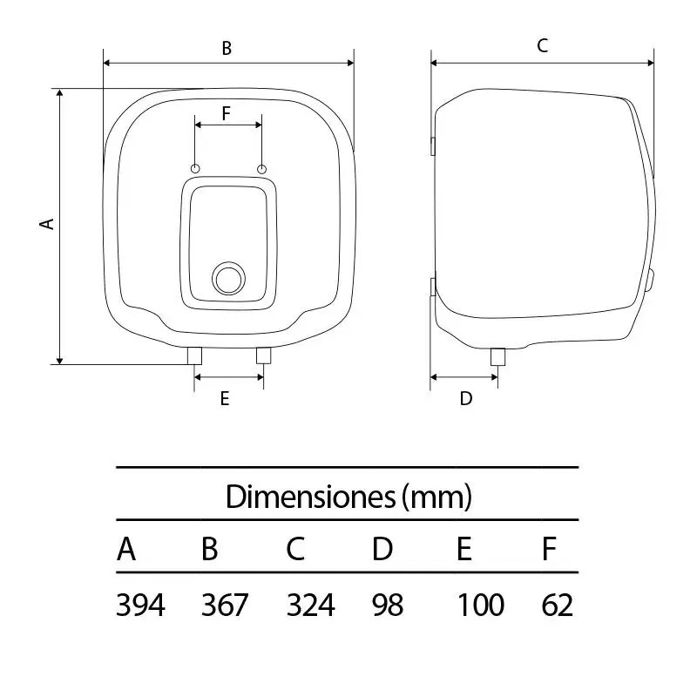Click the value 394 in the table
(x=140, y=605)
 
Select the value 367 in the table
(x=225, y=605)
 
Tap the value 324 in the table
(x=310, y=605)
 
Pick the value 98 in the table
(x=388, y=605)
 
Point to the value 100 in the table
(x=481, y=605)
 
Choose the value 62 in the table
(x=557, y=605)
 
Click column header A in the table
(x=126, y=549)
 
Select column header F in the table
(x=549, y=549)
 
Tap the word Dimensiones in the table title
(x=310, y=496)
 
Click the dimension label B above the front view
(x=227, y=48)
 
